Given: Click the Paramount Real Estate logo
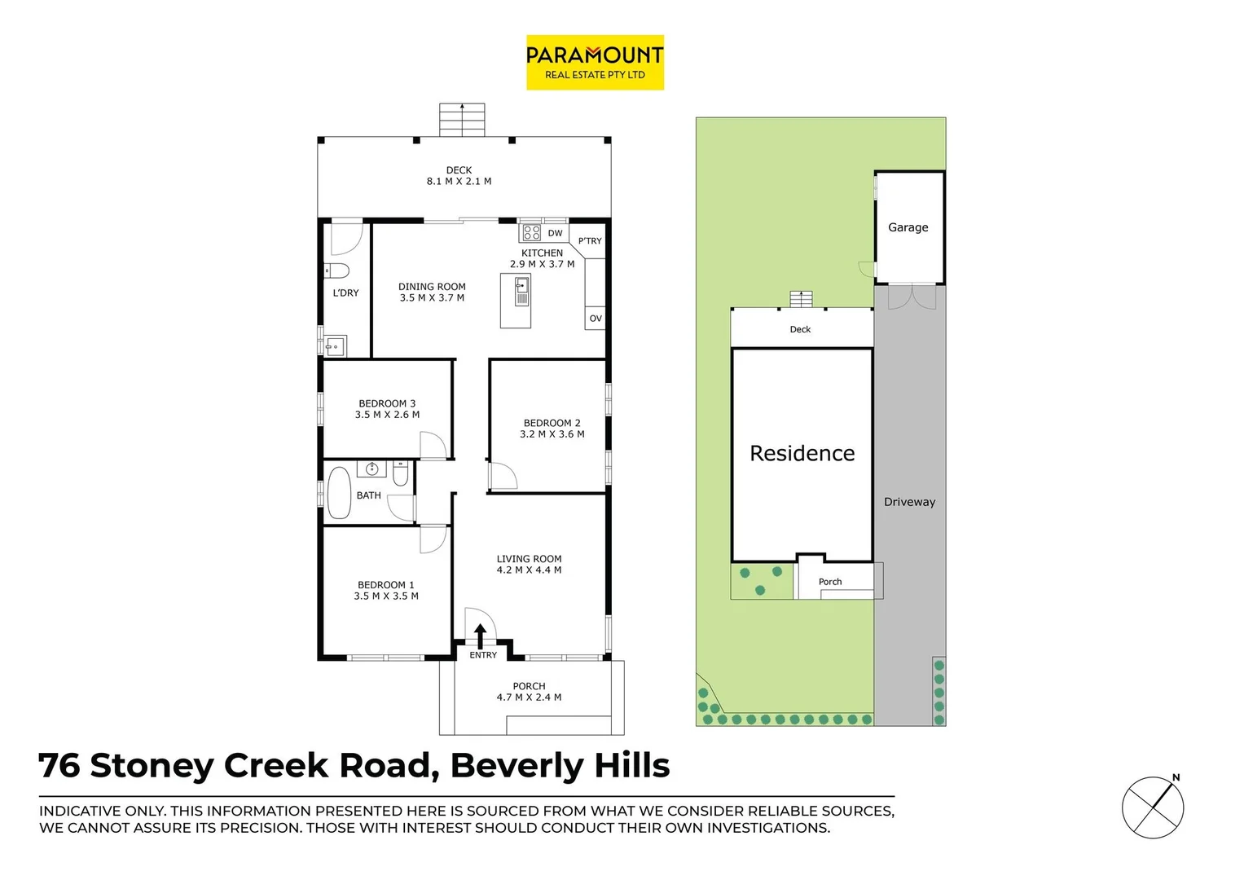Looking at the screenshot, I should pos(595,62).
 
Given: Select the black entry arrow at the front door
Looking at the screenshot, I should pos(480,636).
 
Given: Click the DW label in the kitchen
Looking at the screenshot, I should pos(555,233).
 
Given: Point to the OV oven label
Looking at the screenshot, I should pos(596,319).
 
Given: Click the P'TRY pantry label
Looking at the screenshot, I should pos(590,241).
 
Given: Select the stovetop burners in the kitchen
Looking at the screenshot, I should pos(532,233).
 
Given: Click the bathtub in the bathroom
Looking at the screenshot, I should pos(339,493).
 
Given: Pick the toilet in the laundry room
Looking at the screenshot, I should pos(336,271).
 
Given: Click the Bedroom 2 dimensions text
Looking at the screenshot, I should pos(552,434).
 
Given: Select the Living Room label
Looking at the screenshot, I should pos(529,559).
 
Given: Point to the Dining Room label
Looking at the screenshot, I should pos(432,287).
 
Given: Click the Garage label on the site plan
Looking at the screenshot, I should pos(908,227).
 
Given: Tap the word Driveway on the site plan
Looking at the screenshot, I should pos(909,502).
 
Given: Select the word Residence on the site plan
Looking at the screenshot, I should pos(802,453).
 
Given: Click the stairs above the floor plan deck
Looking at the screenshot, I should pos(462,120).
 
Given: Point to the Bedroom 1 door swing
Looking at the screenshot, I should pos(432,539).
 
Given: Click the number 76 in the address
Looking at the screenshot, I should pos(59,766).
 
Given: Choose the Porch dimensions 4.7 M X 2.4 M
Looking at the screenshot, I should pos(529,697).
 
